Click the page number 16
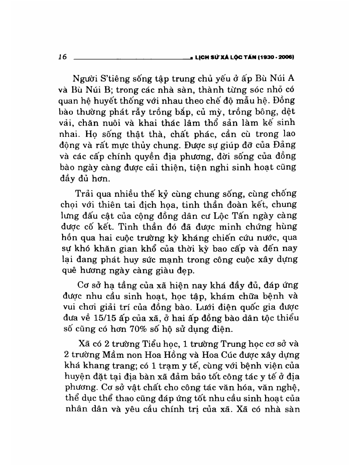(x=62, y=56)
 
